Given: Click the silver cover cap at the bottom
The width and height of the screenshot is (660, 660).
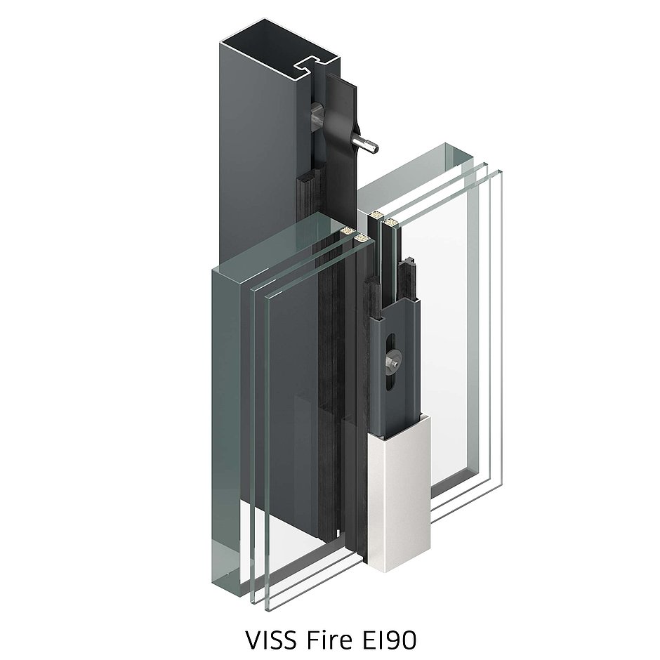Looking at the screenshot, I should click(x=397, y=491).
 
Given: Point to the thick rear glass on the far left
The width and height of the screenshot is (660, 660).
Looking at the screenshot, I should click(x=225, y=421).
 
